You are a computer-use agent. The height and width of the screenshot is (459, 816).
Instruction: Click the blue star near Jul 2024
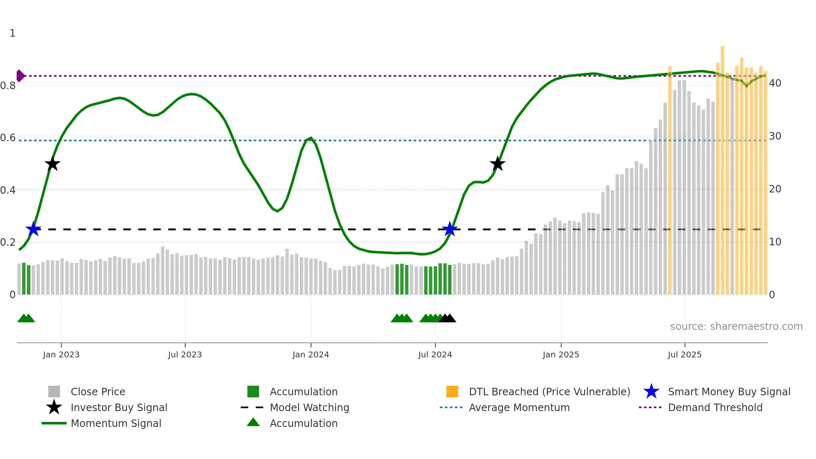click(x=450, y=229)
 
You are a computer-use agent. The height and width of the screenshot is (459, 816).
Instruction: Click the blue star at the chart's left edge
click(x=33, y=229)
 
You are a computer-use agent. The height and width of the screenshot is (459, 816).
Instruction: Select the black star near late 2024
click(x=498, y=164)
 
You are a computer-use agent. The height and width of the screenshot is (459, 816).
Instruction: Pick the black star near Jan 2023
click(x=52, y=164)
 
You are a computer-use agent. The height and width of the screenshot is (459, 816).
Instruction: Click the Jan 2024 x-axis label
click(x=311, y=354)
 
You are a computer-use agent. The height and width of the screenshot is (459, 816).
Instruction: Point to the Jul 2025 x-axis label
click(x=684, y=354)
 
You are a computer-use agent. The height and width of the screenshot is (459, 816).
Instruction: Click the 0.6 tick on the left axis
click(x=7, y=138)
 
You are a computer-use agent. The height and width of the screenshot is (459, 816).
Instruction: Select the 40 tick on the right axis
click(x=775, y=83)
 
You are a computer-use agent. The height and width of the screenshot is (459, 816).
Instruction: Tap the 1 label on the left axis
click(x=12, y=33)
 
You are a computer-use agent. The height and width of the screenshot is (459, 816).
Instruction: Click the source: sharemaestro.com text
click(x=736, y=327)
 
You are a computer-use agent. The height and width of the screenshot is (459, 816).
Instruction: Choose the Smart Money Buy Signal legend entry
click(x=729, y=392)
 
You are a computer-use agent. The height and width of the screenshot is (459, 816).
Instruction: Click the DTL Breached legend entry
click(x=549, y=392)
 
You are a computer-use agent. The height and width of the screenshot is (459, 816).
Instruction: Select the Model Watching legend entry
click(x=309, y=407)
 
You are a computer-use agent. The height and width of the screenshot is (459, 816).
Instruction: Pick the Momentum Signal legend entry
click(x=116, y=423)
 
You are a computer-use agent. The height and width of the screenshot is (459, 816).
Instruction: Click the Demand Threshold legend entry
click(x=715, y=407)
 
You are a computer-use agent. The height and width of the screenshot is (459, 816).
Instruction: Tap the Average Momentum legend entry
click(x=519, y=407)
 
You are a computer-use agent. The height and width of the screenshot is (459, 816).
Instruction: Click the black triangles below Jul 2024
click(x=448, y=318)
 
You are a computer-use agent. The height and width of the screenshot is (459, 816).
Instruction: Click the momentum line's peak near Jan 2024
click(x=311, y=138)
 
